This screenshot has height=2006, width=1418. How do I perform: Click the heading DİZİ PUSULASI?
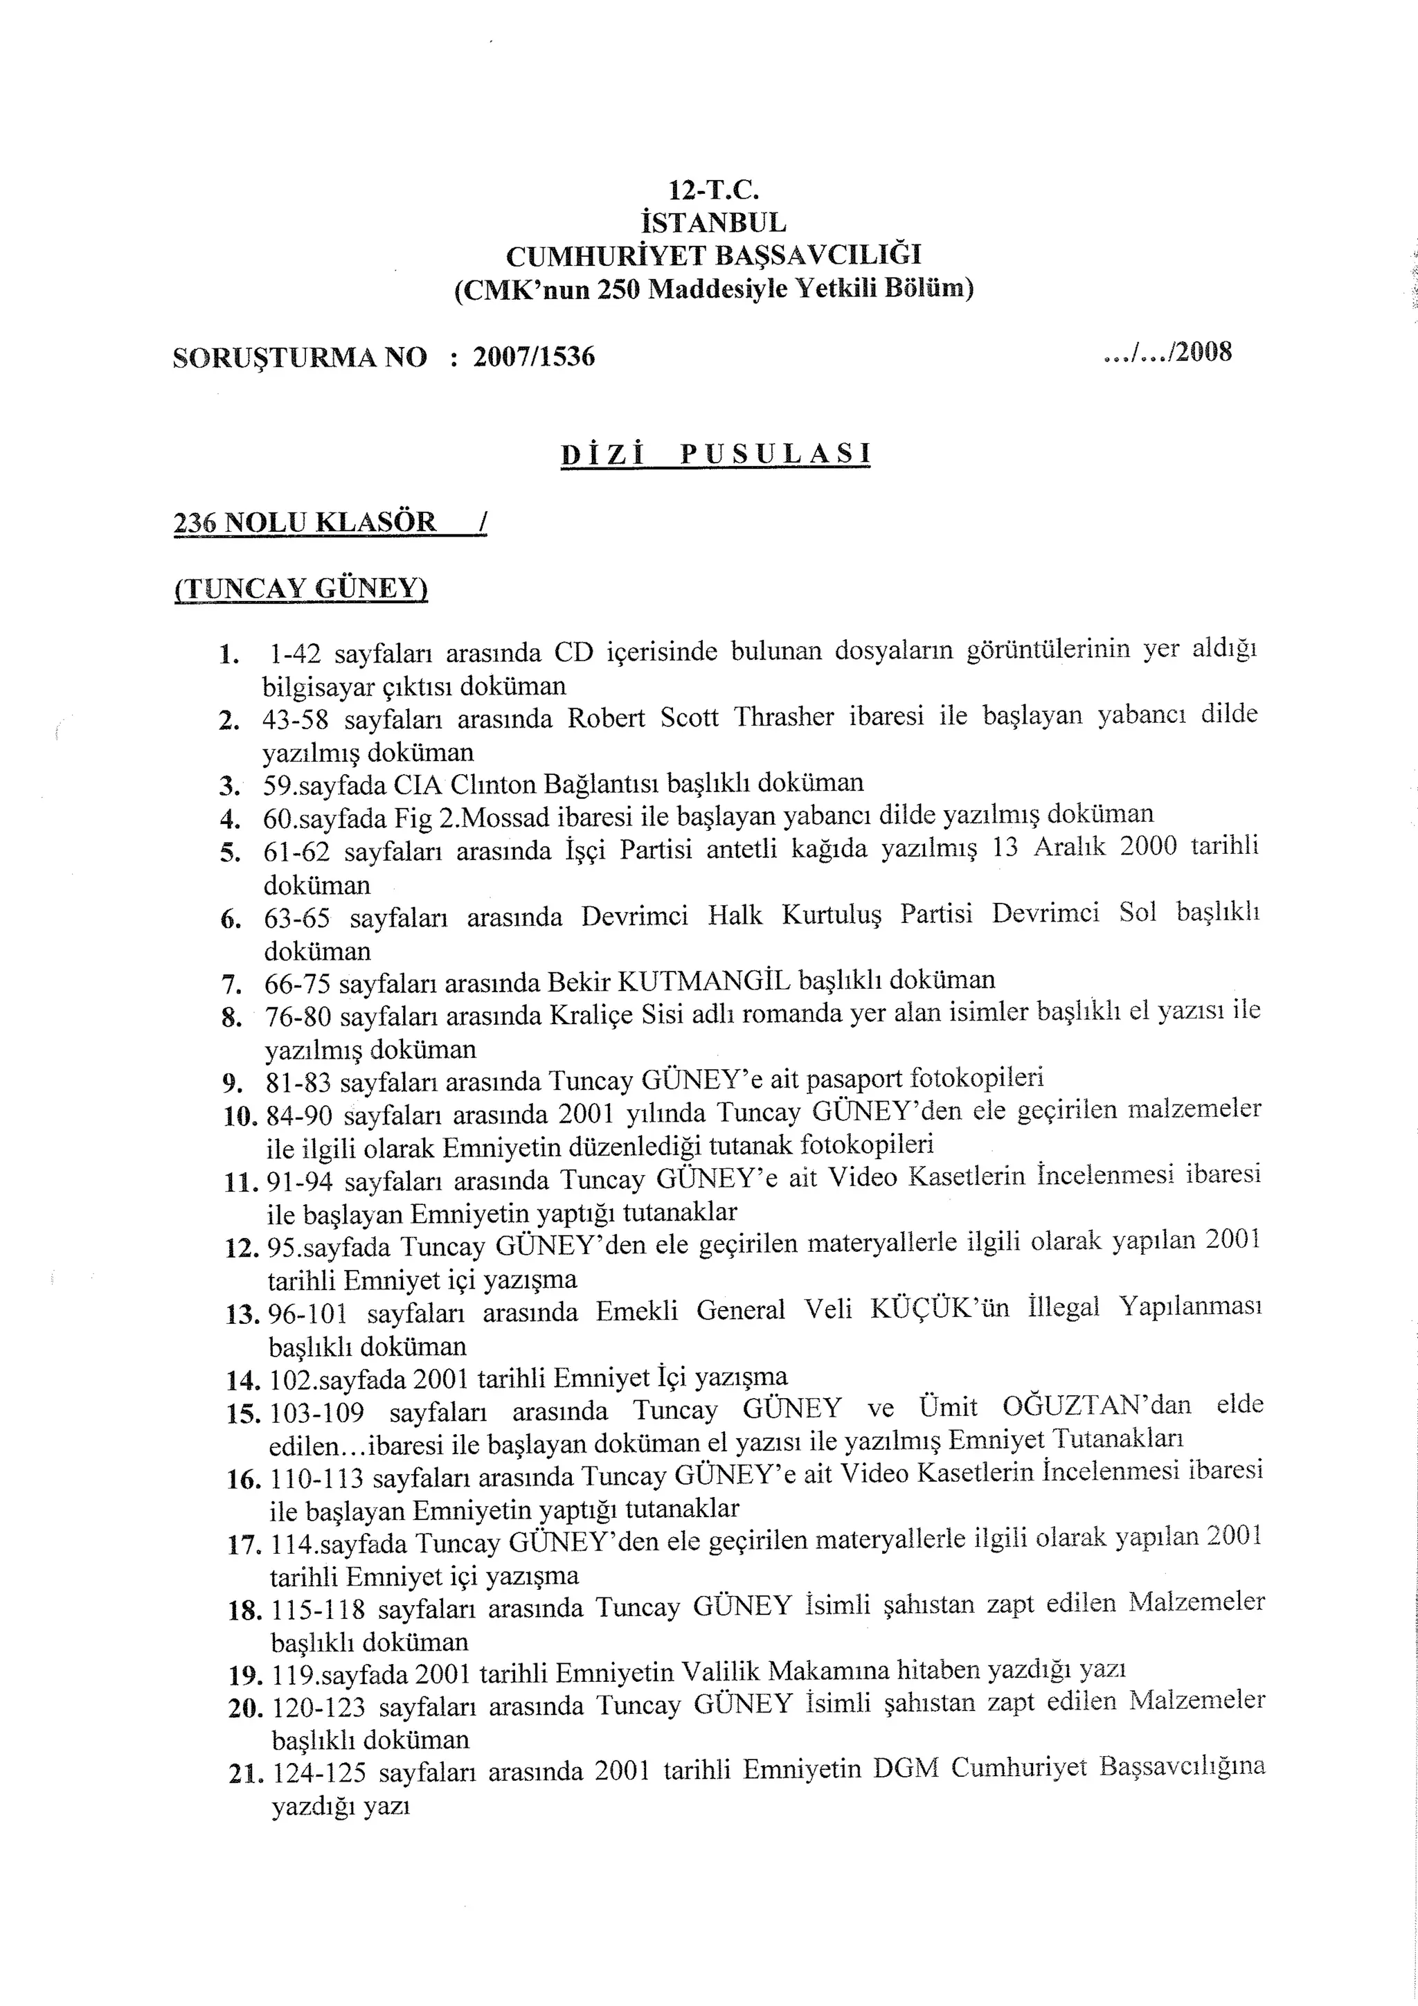click(x=715, y=454)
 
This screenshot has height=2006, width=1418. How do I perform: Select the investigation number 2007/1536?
click(x=534, y=357)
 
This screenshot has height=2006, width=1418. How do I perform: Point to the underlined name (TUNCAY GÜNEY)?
click(x=300, y=588)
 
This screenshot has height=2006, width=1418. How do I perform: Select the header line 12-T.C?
click(x=714, y=189)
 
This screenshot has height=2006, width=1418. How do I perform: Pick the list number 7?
click(x=231, y=985)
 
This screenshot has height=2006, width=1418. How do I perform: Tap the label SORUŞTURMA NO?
click(x=300, y=357)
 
